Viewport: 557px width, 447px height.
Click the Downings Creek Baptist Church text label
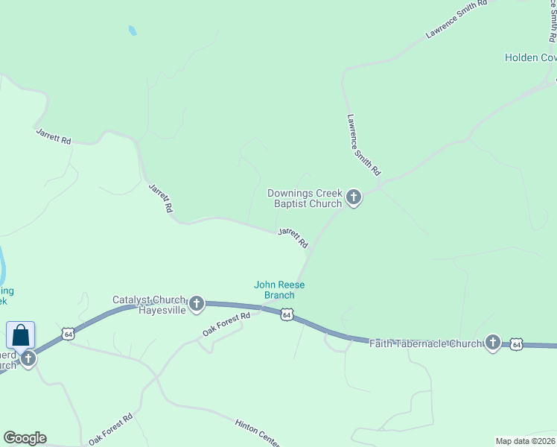(x=305, y=198)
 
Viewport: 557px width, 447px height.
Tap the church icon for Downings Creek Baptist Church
(x=354, y=197)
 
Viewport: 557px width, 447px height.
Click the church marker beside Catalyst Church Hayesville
(x=197, y=302)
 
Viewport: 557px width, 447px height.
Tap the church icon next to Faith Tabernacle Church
(x=492, y=342)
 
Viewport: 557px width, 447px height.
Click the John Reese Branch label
(x=279, y=290)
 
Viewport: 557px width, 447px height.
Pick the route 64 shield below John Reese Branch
(x=287, y=315)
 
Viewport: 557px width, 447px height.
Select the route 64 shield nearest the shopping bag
(x=68, y=333)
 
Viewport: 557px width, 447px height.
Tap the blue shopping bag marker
(x=21, y=335)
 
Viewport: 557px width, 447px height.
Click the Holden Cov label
(x=530, y=57)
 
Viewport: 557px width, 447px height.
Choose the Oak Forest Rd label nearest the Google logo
(x=110, y=429)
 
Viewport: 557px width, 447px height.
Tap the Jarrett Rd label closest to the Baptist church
(x=293, y=238)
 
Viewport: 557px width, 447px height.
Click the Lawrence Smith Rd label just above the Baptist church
(x=364, y=145)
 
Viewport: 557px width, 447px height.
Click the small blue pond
(x=133, y=31)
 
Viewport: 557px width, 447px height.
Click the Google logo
(x=25, y=438)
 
